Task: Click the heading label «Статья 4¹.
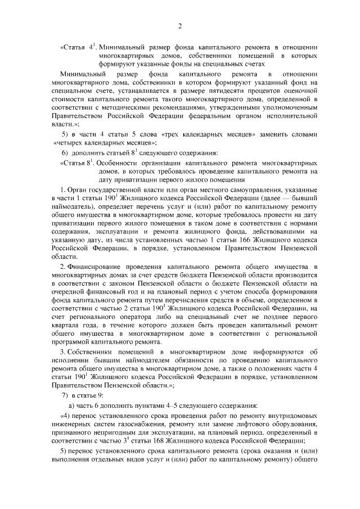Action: (x=75, y=47)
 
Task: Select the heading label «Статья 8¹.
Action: (x=75, y=163)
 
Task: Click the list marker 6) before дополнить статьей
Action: (x=65, y=153)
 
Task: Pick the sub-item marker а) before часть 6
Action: (x=71, y=405)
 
